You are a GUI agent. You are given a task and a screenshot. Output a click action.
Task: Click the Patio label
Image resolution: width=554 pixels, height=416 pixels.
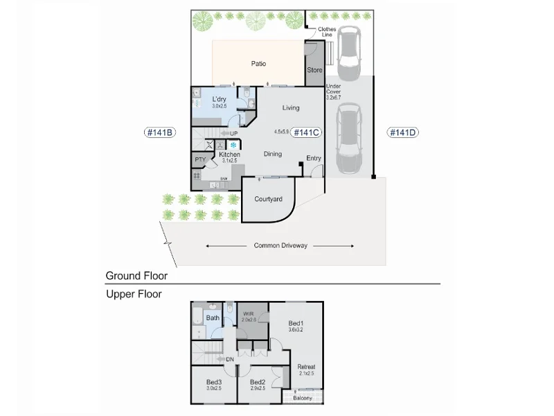258,64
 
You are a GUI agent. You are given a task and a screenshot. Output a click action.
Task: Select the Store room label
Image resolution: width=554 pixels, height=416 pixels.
314,70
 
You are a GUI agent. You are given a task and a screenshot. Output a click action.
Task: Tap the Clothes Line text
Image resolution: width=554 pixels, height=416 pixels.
327,31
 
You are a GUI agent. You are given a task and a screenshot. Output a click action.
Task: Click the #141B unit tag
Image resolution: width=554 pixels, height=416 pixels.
159,132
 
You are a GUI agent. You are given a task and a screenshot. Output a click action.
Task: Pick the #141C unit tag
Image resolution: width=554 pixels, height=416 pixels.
306,132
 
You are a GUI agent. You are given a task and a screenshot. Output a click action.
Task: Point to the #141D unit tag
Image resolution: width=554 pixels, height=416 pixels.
402,132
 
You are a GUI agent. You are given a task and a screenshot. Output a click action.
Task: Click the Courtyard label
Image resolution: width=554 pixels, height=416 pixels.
268,199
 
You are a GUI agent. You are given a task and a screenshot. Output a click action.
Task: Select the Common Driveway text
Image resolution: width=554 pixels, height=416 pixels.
280,245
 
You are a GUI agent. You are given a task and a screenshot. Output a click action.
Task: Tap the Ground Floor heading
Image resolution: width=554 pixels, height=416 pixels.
136,275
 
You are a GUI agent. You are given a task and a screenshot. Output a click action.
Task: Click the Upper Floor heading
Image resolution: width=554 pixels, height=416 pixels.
134,294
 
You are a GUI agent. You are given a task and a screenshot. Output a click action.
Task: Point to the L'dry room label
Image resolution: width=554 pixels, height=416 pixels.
219,100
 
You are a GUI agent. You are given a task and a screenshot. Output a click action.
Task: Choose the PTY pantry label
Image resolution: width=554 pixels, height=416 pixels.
200,159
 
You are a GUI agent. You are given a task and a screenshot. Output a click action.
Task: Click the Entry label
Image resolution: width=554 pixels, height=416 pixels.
314,158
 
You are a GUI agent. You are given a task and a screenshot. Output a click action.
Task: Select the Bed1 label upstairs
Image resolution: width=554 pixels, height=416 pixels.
296,323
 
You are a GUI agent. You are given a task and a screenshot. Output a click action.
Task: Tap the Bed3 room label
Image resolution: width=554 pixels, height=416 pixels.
214,382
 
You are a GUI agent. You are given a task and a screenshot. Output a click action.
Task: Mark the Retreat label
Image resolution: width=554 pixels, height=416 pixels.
306,367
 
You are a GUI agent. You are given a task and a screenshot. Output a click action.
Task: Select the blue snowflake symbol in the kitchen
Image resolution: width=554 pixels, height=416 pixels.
233,145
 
